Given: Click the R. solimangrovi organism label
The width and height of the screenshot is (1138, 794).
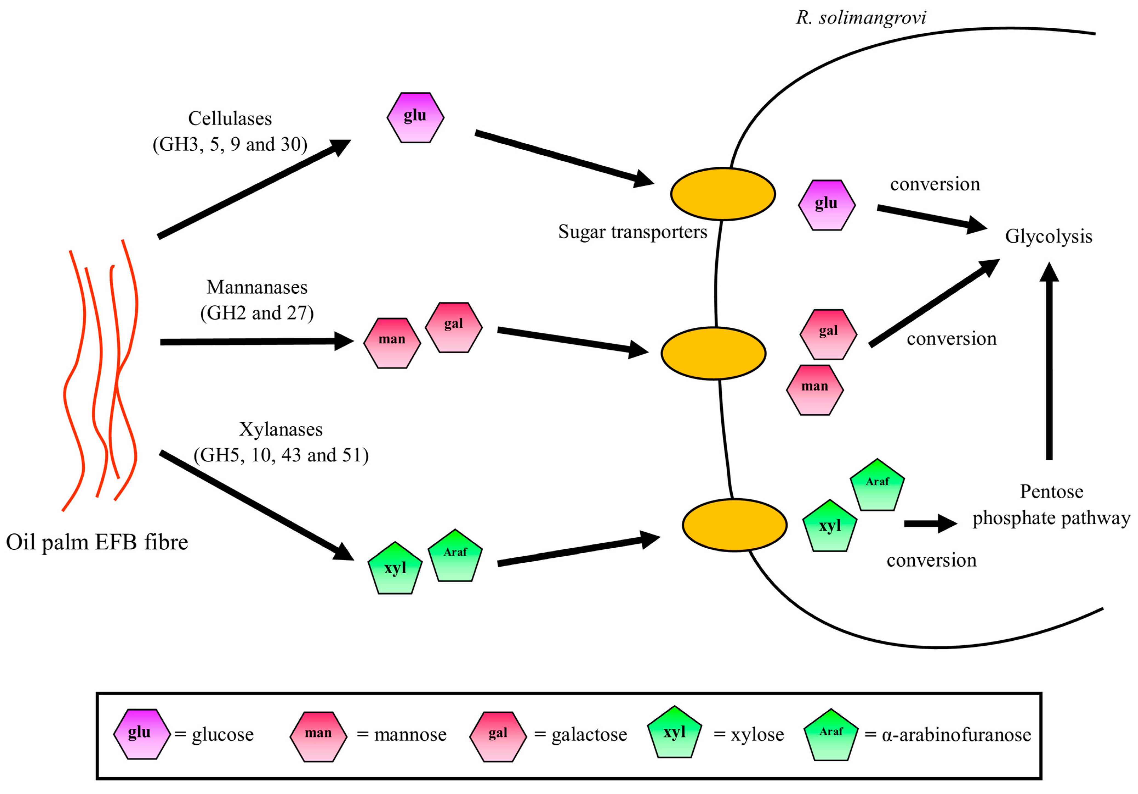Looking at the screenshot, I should [860, 18].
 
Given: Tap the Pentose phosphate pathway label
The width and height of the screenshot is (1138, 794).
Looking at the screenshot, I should [1051, 505].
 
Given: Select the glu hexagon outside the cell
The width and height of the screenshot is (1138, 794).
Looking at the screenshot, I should [415, 118].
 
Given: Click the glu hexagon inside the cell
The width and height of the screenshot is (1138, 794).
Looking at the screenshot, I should [827, 205].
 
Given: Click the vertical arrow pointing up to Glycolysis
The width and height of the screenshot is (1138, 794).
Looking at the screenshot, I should [1049, 362].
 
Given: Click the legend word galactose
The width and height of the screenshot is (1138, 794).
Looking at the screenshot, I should [589, 734].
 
